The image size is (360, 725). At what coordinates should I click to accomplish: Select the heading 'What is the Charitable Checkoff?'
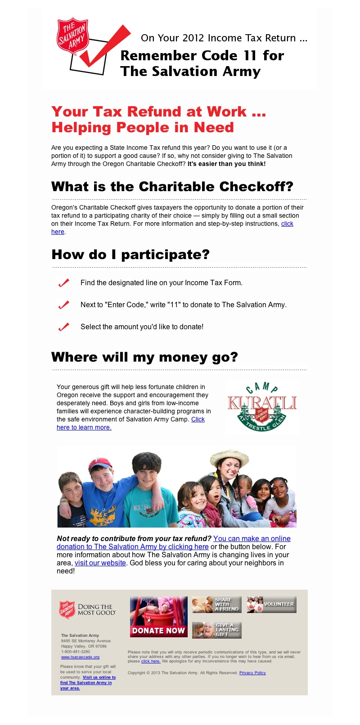172,187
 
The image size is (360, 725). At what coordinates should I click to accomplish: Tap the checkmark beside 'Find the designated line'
64,283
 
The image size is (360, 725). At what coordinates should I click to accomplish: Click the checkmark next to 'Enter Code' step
64,305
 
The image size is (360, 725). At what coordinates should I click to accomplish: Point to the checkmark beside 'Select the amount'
64,327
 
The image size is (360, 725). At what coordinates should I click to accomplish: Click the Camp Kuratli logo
262,407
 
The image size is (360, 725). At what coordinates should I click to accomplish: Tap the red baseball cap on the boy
100,464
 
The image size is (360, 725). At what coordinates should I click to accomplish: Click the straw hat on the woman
229,456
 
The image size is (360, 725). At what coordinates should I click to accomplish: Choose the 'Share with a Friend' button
217,605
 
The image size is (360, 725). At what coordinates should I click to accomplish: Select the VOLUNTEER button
271,604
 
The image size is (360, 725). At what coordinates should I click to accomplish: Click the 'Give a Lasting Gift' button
217,630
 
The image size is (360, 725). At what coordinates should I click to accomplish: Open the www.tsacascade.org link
80,657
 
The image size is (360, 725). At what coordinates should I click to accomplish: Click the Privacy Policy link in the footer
252,673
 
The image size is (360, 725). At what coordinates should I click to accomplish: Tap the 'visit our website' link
100,563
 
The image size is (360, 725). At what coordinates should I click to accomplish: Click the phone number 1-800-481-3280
76,652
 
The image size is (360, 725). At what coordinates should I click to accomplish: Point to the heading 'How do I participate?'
130,255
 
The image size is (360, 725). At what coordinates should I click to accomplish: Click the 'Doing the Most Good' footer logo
87,610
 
